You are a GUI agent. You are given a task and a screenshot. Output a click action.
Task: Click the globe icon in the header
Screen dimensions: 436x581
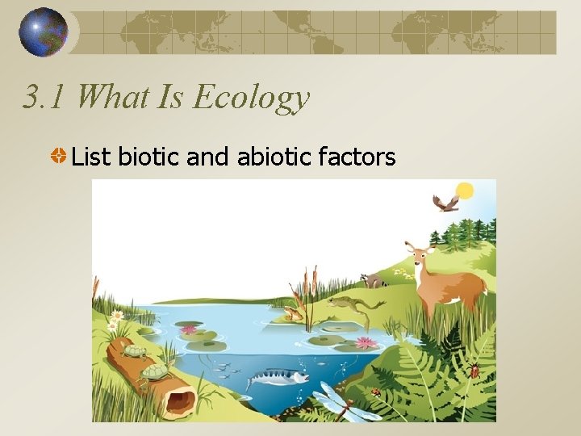point(44,32)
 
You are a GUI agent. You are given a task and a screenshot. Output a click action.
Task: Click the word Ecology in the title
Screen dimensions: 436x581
point(251,98)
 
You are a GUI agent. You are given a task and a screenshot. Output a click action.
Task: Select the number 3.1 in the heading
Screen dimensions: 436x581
point(46,98)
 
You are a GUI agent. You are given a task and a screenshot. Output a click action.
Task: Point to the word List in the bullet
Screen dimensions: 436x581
point(91,156)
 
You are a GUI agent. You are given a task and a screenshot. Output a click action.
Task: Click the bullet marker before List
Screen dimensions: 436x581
point(59,156)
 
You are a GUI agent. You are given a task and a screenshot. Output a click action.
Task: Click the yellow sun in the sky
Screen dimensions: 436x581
point(464,191)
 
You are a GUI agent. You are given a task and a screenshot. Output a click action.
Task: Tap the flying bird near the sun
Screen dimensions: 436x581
point(445,203)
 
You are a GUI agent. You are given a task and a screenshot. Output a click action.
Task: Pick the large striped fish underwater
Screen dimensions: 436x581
point(278,376)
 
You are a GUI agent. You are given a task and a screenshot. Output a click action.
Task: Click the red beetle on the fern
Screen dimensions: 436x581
point(474,371)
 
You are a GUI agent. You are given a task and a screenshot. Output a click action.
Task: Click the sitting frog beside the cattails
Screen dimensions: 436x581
point(291,313)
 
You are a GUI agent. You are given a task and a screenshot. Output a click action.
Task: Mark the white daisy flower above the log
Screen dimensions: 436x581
point(117,316)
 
